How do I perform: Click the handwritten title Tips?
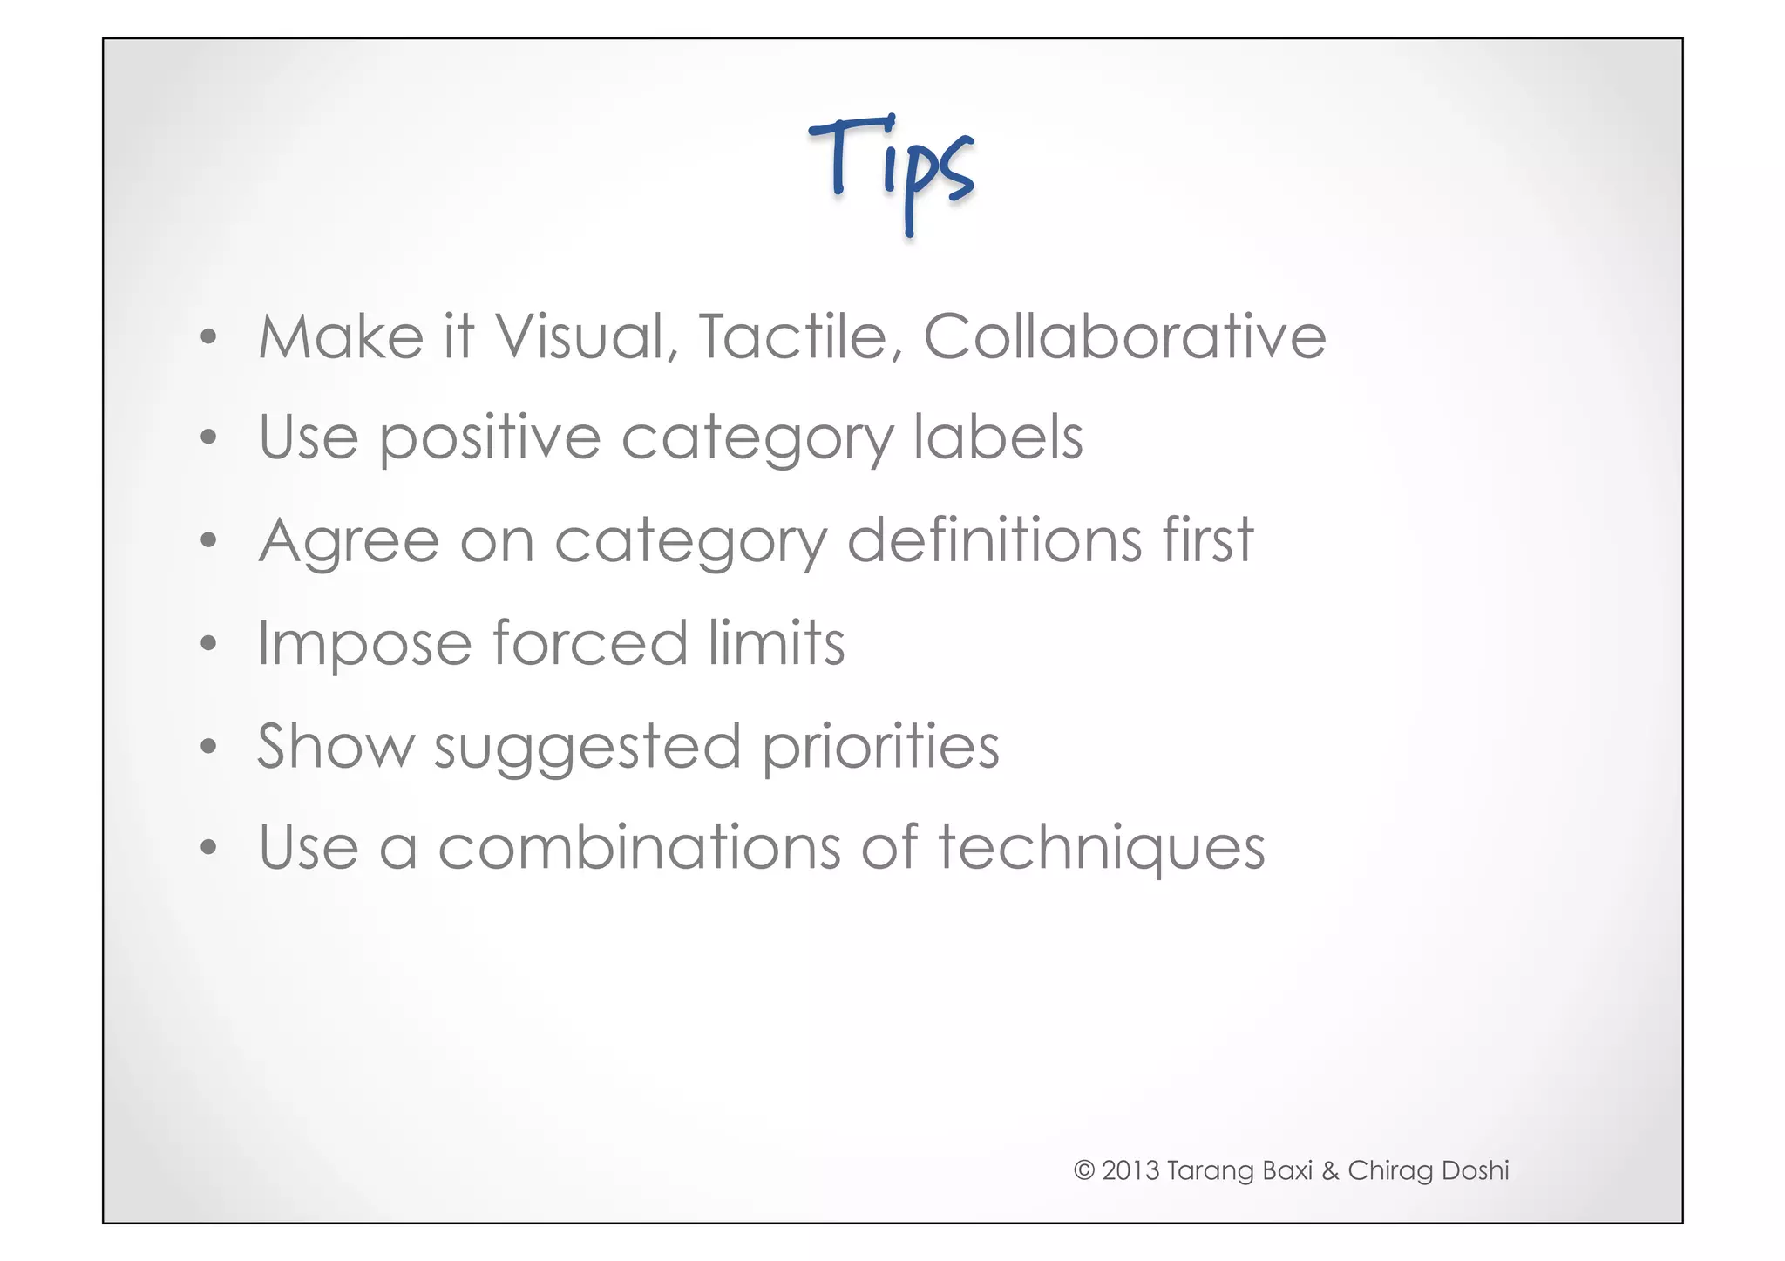click(x=891, y=170)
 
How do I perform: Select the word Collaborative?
click(x=1124, y=336)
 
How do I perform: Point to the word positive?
click(x=489, y=437)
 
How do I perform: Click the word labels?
click(x=997, y=437)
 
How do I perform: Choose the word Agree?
click(x=349, y=540)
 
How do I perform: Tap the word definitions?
click(x=994, y=540)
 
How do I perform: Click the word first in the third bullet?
click(x=1207, y=540)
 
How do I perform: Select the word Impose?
click(x=364, y=643)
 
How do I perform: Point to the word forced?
click(x=590, y=643)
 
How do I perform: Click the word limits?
click(x=776, y=643)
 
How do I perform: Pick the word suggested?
click(x=587, y=748)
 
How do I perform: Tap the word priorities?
click(x=880, y=748)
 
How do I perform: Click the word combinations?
click(x=639, y=847)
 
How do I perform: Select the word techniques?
click(x=1101, y=847)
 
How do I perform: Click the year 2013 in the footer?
click(x=1130, y=1170)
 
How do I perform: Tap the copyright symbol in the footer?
click(x=1083, y=1170)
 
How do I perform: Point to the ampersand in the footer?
click(x=1329, y=1170)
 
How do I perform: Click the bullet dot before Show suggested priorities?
click(x=207, y=747)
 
